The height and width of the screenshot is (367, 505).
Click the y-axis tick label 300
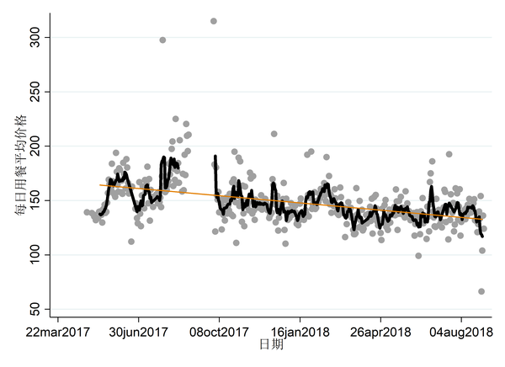pos(36,38)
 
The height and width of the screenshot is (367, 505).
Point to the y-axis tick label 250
pos(36,92)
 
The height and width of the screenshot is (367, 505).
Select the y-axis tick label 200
pos(36,146)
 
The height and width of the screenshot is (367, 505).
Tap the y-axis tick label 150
pos(36,200)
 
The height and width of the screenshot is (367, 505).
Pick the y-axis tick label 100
pos(36,254)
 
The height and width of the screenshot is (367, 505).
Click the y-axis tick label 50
pos(36,308)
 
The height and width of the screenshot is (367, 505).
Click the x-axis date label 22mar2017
pos(57,332)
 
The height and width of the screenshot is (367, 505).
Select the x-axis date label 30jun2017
pos(138,332)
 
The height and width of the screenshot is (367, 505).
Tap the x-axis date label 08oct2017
pos(219,332)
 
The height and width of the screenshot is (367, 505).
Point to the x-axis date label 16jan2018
pos(300,332)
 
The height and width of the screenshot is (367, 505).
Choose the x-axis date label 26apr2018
pos(380,332)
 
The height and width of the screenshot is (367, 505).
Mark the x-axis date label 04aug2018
pos(461,332)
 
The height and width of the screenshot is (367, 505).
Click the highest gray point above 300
pos(214,21)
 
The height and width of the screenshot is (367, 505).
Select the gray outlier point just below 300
pos(162,40)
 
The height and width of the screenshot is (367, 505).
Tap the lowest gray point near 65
pos(481,291)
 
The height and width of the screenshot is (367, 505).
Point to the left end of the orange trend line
pos(100,184)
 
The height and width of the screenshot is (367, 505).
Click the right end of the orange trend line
pos(481,221)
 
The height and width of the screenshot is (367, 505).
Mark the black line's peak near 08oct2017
pos(215,157)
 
